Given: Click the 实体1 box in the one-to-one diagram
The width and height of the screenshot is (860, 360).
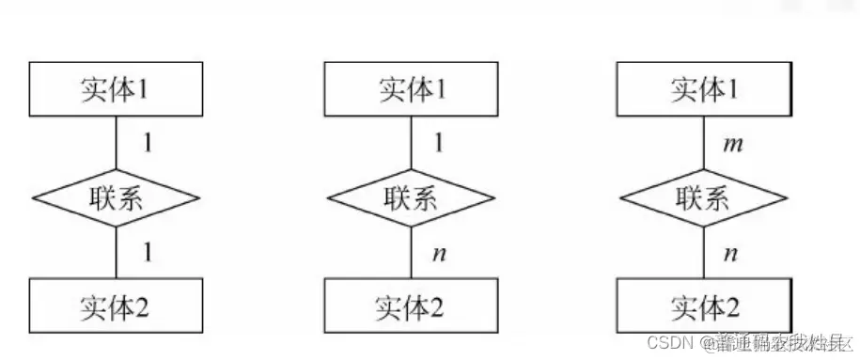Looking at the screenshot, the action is coord(117,89).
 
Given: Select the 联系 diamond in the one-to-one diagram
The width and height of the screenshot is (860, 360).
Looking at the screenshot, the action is coord(117,197).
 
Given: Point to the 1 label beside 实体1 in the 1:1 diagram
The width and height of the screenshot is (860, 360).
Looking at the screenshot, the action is coord(147,143).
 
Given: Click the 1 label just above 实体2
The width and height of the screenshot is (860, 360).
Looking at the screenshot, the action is coord(147,252).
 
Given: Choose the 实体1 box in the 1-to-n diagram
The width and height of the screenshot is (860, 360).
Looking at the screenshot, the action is coord(410,89).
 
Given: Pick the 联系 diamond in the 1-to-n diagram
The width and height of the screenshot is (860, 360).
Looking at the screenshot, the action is coord(410,197).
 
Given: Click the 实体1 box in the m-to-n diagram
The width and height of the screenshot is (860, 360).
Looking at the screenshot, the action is coord(703,89).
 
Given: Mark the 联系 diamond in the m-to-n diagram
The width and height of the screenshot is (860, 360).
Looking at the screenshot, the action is coord(703,197).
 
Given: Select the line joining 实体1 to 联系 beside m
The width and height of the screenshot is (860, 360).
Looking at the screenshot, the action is coord(703,141).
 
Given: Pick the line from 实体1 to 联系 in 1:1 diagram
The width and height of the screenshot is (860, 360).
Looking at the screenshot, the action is coord(117,141).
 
